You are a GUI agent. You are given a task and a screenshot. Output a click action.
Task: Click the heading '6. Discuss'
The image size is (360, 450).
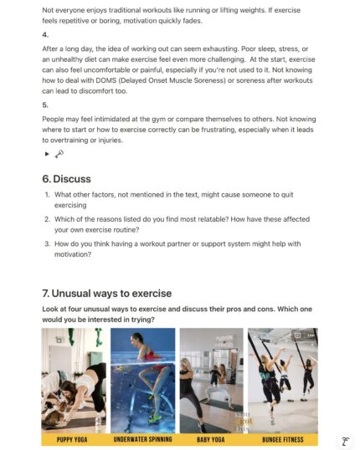pos(66,178)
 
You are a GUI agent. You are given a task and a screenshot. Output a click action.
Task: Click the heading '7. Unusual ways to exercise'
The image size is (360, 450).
pos(106,293)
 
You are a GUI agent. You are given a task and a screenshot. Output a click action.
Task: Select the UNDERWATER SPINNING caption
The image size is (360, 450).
pos(142,439)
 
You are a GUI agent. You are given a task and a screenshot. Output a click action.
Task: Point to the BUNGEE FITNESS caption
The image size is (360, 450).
pos(282,439)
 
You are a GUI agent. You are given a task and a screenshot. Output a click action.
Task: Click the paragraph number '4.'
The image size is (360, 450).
pos(45,35)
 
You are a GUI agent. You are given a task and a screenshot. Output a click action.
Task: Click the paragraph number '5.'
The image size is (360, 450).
pos(45,106)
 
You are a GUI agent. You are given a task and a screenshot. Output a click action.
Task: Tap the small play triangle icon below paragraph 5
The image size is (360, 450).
pos(47,154)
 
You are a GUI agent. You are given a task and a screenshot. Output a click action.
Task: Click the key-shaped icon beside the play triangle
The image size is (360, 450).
pos(59,154)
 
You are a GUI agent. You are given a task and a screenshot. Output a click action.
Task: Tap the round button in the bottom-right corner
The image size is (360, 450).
pos(344,441)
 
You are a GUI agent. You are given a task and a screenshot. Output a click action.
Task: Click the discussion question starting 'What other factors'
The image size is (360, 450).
pos(167,199)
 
